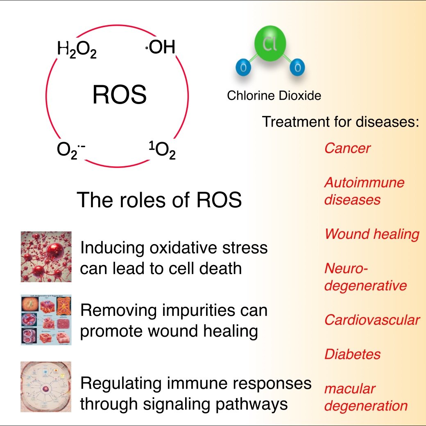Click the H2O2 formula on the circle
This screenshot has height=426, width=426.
pyautogui.click(x=77, y=50)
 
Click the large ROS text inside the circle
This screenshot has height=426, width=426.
pyautogui.click(x=119, y=95)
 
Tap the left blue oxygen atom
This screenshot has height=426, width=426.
pyautogui.click(x=243, y=68)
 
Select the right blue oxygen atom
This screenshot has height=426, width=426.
pyautogui.click(x=298, y=68)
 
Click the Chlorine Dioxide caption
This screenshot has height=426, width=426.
pyautogui.click(x=274, y=96)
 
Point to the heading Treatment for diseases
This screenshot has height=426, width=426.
pyautogui.click(x=340, y=122)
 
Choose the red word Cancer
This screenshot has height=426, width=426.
pyautogui.click(x=347, y=148)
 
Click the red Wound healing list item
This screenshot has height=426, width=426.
pyautogui.click(x=372, y=234)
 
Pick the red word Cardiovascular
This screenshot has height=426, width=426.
pyautogui.click(x=372, y=320)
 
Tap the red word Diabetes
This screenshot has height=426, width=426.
pyautogui.click(x=352, y=354)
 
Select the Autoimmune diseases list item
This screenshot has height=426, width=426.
pyautogui.click(x=364, y=191)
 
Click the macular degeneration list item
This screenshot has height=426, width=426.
pyautogui.click(x=365, y=397)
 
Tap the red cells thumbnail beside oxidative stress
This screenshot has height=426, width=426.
pyautogui.click(x=46, y=256)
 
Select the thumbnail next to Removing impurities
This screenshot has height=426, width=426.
pyautogui.click(x=46, y=319)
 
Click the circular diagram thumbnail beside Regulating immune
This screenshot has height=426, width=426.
pyautogui.click(x=46, y=386)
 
